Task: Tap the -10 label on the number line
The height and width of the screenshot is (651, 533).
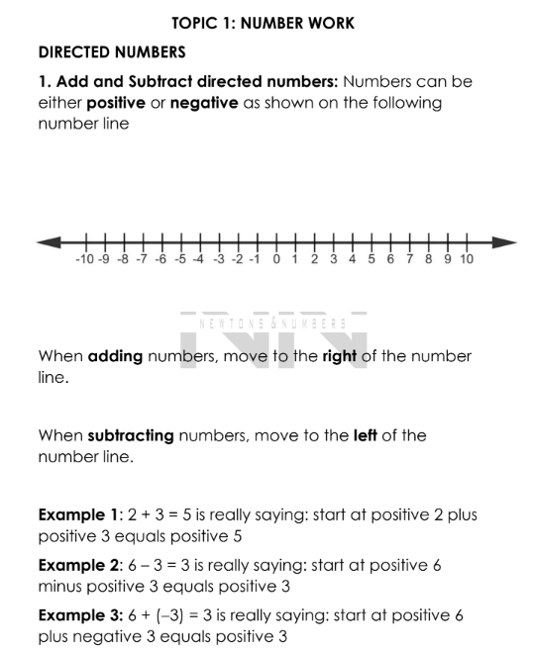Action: [85, 260]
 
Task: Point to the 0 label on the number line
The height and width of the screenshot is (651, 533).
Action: [276, 260]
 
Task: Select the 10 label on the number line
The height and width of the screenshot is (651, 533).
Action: [467, 260]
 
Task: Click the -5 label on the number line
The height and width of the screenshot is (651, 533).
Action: [179, 260]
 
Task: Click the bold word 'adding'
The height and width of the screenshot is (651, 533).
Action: [115, 356]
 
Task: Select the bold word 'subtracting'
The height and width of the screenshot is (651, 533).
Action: [131, 435]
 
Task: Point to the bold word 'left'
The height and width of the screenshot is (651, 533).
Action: [367, 435]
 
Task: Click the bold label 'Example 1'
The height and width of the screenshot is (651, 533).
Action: [77, 514]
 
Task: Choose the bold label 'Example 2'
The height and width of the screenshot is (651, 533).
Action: [77, 566]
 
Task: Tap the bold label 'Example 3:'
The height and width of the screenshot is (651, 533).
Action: [79, 616]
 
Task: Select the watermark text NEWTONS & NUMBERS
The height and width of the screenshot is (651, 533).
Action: [272, 324]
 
